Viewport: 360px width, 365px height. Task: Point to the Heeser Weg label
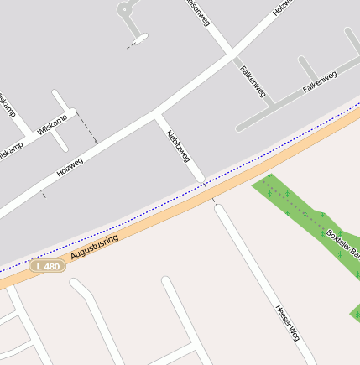click(287, 321)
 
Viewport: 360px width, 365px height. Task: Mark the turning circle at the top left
click(126, 10)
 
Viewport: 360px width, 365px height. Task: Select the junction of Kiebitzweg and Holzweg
click(156, 114)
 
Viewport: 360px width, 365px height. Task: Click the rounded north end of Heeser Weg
click(218, 206)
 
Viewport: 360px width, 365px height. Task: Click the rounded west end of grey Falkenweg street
click(240, 128)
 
